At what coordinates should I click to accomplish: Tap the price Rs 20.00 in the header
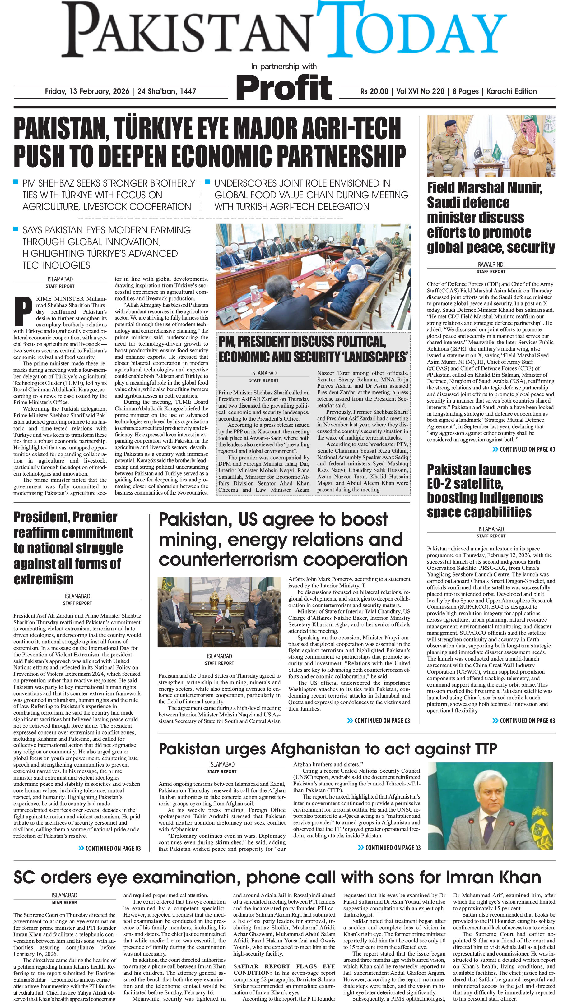pyautogui.click(x=374, y=91)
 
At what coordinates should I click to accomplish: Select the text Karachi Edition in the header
pyautogui.click(x=511, y=91)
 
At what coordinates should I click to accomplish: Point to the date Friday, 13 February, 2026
pyautogui.click(x=87, y=91)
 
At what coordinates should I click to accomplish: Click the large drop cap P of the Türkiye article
pyautogui.click(x=23, y=312)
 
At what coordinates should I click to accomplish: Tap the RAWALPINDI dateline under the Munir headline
pyautogui.click(x=491, y=265)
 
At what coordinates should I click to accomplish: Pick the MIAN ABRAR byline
pyautogui.click(x=64, y=902)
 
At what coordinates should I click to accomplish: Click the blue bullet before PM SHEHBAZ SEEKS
pyautogui.click(x=16, y=182)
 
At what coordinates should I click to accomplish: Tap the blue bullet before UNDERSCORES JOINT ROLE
pyautogui.click(x=207, y=182)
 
